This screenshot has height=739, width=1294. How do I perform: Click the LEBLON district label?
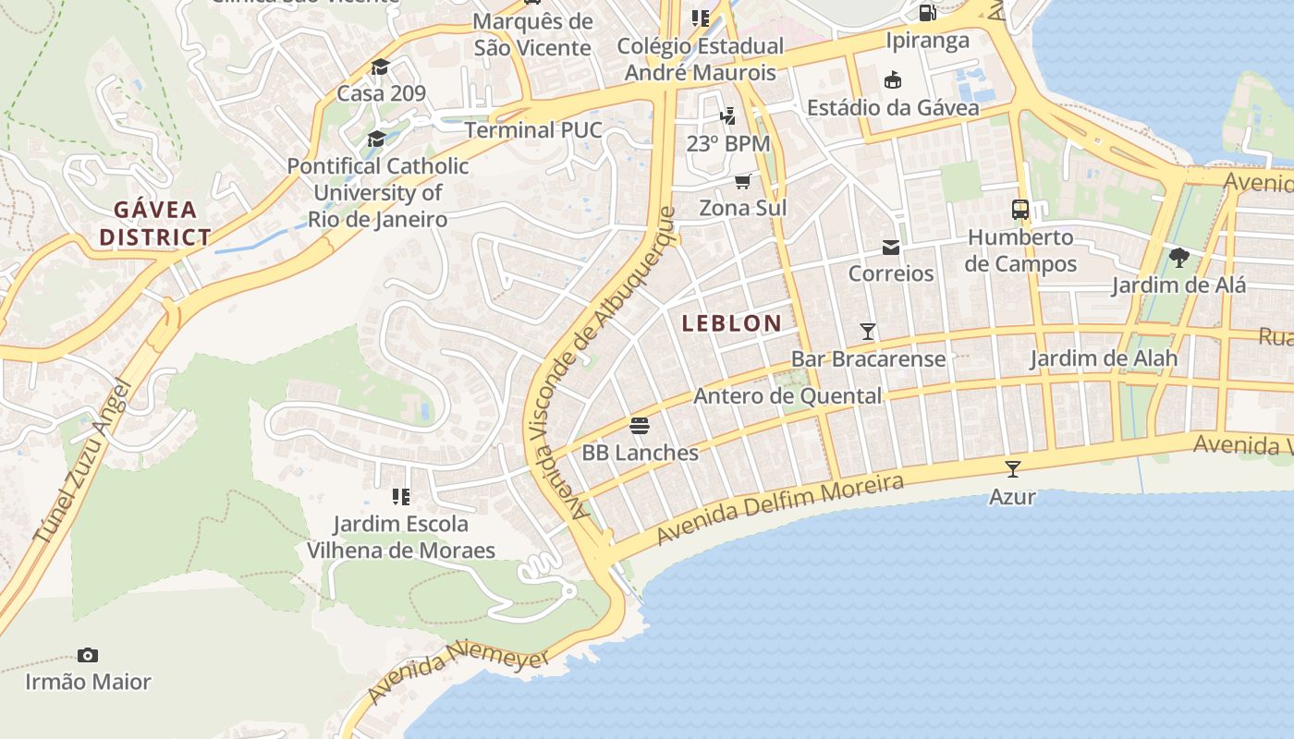tap(731, 323)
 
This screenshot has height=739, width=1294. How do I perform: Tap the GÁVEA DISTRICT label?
tap(155, 223)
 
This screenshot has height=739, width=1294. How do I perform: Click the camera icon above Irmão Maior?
tap(88, 655)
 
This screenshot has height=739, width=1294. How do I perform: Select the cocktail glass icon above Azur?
tap(1013, 468)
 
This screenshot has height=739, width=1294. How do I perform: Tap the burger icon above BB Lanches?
tap(640, 426)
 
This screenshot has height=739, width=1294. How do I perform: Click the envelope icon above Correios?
tap(891, 247)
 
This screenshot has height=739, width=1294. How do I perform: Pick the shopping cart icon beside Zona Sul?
tap(743, 181)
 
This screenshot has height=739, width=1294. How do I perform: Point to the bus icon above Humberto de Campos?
tap(1020, 210)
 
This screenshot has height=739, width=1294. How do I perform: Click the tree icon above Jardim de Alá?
tap(1178, 257)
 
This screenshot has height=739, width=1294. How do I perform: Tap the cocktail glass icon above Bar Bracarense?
tap(868, 331)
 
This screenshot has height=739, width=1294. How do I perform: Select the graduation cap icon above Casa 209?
tap(380, 67)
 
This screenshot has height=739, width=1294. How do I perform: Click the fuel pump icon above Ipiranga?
tap(927, 13)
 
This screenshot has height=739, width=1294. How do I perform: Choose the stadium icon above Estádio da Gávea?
tap(893, 80)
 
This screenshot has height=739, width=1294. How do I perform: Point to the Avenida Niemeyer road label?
tap(458, 673)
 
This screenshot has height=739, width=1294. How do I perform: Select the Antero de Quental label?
tap(787, 396)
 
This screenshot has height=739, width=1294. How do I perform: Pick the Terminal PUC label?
tap(532, 130)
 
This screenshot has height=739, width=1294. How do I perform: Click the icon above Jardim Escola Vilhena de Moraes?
tap(400, 497)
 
